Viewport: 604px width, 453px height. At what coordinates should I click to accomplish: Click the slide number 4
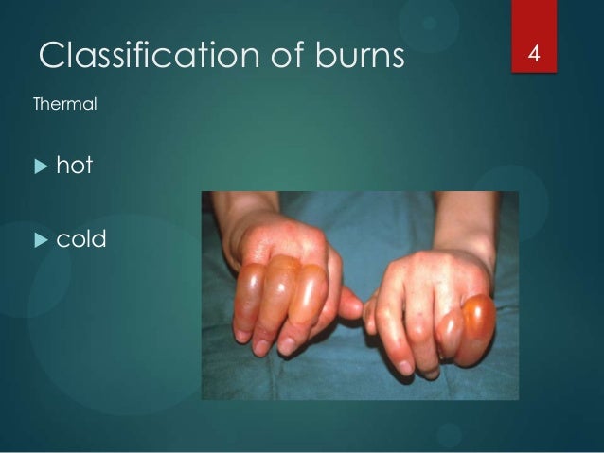pos(533,53)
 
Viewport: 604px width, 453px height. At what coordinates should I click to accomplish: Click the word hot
pos(75,166)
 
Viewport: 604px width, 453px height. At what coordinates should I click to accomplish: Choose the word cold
pos(81,239)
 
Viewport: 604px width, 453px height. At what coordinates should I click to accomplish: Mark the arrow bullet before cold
pos(40,240)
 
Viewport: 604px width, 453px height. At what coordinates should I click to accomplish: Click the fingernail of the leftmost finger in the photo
pos(243,335)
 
